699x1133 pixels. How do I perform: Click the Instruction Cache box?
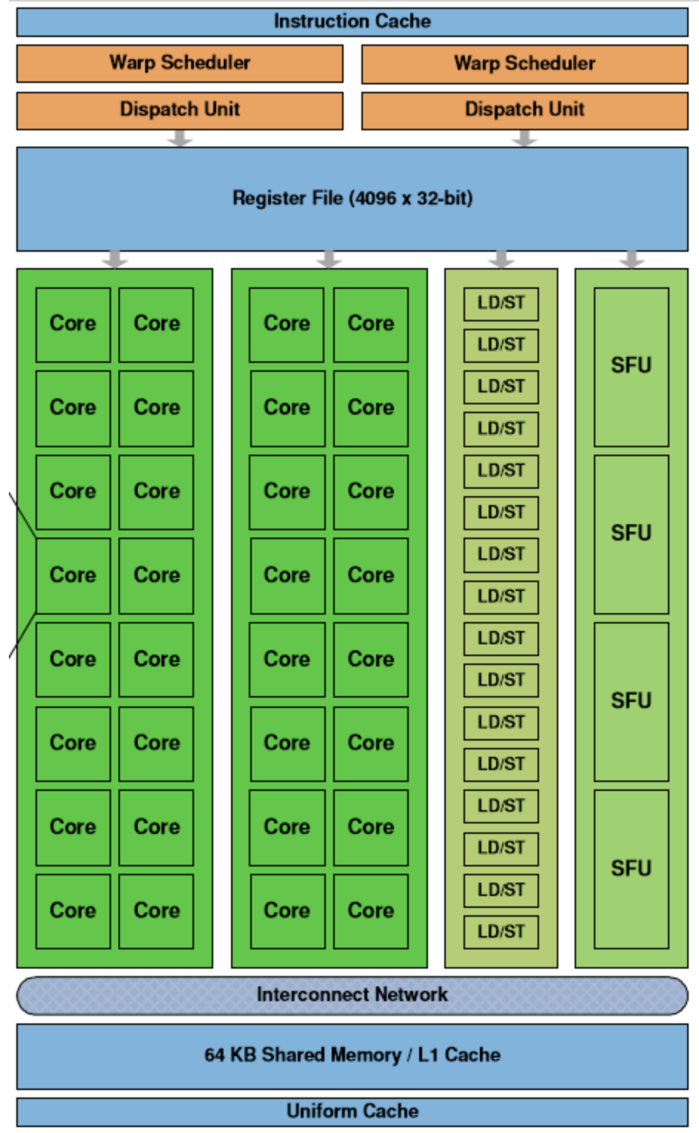[352, 21]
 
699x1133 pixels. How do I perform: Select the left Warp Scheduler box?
[180, 63]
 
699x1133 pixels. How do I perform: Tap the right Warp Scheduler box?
[524, 64]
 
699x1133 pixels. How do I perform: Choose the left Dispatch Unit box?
[180, 110]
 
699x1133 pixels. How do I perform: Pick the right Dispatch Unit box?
[524, 110]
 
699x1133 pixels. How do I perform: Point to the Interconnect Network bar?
[352, 995]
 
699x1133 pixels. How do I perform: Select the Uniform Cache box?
[352, 1111]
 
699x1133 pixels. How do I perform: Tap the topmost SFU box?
[631, 367]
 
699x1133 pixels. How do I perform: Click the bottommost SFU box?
[631, 869]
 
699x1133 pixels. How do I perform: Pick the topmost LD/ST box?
[501, 303]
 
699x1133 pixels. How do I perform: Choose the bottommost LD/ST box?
[501, 932]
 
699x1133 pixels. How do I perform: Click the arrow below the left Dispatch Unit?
[180, 138]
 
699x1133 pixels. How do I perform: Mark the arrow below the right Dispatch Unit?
[524, 138]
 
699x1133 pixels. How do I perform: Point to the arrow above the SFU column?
[631, 259]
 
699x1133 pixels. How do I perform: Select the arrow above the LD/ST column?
[501, 259]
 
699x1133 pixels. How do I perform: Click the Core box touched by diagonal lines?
[73, 575]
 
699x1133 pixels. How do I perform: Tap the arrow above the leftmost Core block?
[115, 259]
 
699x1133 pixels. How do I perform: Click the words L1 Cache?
[459, 1055]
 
